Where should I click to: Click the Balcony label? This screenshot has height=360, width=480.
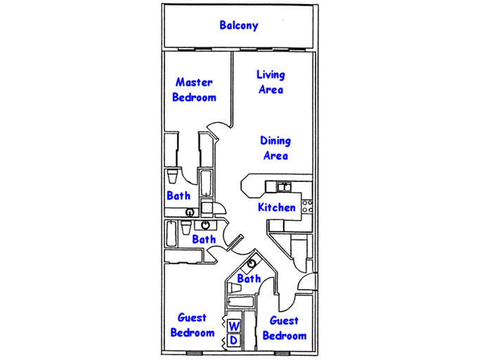click(x=239, y=25)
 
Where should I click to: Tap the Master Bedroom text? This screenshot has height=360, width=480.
click(x=194, y=90)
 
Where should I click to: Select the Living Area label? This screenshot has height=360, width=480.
click(x=271, y=82)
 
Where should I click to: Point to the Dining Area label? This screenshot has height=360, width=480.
click(x=275, y=148)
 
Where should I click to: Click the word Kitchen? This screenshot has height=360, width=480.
click(x=276, y=207)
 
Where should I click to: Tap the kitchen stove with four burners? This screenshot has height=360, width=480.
click(x=306, y=206)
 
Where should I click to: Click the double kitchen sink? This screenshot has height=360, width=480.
click(x=284, y=186)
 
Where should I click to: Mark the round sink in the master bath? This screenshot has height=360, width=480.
click(x=189, y=212)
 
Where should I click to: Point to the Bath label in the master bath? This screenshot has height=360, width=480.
click(x=179, y=196)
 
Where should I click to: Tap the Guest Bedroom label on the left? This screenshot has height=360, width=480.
click(x=192, y=325)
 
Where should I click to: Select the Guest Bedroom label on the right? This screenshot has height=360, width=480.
click(x=284, y=328)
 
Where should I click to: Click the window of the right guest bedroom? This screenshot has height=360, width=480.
click(x=282, y=352)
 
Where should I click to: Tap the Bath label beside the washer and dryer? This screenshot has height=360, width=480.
click(x=249, y=279)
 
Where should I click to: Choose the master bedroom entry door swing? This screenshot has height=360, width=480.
click(x=216, y=131)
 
